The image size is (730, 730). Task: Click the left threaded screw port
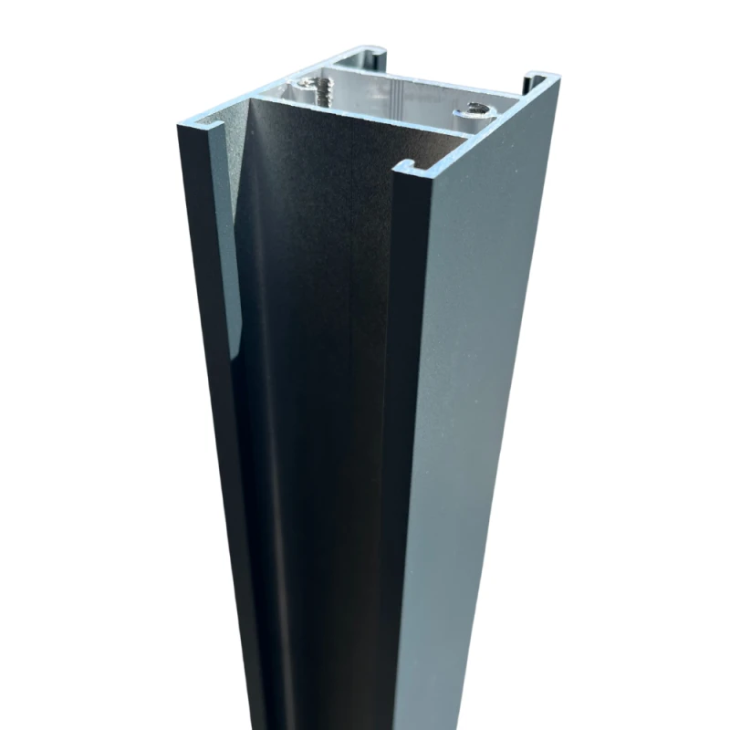coord(315,90)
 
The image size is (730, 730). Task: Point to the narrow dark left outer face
coord(205,411)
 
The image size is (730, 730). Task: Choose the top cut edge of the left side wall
coord(274,82)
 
